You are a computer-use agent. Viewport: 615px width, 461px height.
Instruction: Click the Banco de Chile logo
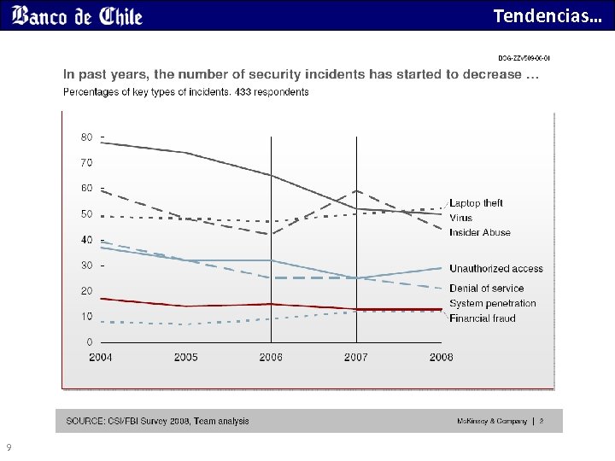coord(78,16)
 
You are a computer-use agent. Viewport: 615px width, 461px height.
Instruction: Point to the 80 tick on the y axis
coord(87,137)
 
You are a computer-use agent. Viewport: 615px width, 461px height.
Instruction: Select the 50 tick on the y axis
coord(87,214)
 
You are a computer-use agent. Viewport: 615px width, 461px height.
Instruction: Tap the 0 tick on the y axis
coord(90,342)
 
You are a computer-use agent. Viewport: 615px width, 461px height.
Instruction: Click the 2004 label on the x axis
coord(101,357)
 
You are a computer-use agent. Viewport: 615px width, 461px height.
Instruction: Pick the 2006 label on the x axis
coord(271,357)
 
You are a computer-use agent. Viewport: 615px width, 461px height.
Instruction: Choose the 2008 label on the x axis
coord(441,357)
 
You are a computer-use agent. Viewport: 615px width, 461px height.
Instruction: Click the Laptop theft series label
coord(476,203)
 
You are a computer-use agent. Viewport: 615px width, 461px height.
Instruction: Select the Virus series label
coord(461,218)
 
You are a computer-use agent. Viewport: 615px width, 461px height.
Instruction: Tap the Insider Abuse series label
coord(480,232)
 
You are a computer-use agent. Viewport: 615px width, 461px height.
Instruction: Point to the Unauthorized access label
coord(496,269)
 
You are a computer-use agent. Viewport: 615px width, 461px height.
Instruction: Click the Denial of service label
coord(487,289)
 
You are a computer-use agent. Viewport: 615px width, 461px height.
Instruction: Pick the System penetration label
coord(493,303)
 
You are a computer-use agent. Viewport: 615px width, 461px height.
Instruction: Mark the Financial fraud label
coord(483,318)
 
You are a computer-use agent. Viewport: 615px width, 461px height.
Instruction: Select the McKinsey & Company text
coord(492,421)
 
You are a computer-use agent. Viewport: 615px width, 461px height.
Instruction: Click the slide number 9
coord(9,447)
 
